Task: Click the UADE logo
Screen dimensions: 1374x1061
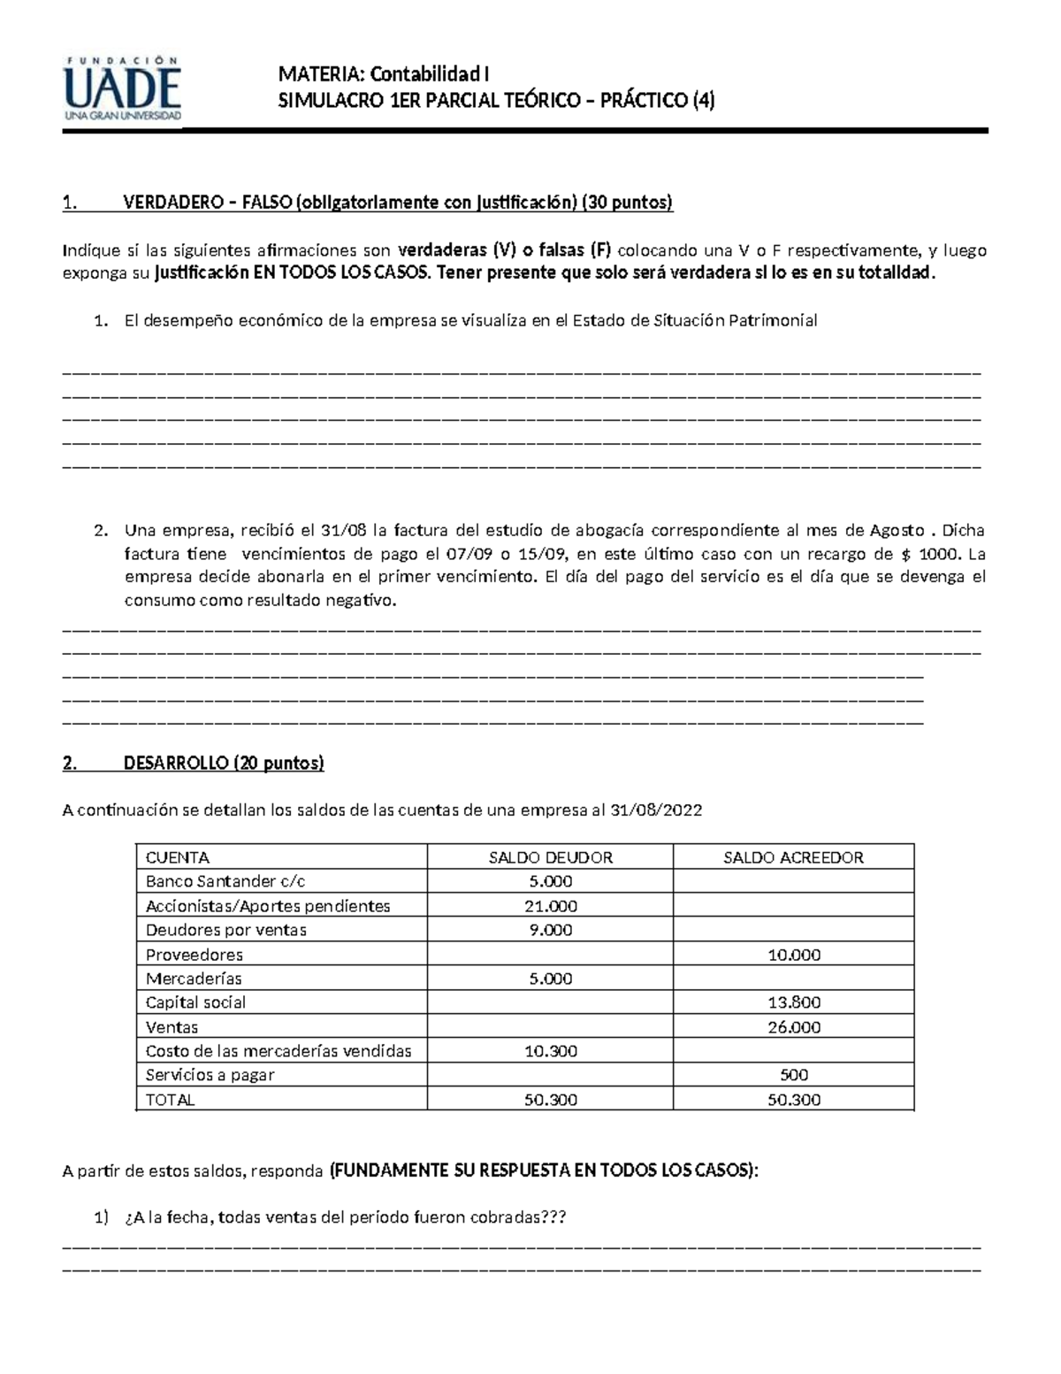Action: tap(122, 88)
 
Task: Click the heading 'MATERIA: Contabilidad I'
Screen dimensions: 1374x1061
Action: tap(383, 73)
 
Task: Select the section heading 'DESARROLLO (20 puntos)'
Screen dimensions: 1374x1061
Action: tap(224, 763)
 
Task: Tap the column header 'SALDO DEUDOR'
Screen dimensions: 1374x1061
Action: tap(550, 857)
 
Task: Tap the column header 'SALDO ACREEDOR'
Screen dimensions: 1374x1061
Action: tap(793, 857)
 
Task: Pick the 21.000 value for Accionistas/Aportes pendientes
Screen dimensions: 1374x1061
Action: tap(550, 906)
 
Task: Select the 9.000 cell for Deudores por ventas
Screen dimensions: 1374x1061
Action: tap(550, 930)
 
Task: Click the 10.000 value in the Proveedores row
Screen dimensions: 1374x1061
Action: tap(793, 955)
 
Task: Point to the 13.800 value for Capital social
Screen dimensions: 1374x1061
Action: tap(793, 1002)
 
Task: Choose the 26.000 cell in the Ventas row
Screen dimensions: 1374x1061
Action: tap(793, 1027)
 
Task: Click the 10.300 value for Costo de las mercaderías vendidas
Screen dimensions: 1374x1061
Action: tap(550, 1051)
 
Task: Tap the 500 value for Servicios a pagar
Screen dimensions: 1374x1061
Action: tap(793, 1075)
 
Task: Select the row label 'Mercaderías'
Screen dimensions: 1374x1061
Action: tap(194, 979)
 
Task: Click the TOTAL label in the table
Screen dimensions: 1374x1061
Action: tap(170, 1100)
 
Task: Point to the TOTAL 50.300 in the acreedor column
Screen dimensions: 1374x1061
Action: tap(793, 1100)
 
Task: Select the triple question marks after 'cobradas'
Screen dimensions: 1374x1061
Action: tap(554, 1217)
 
